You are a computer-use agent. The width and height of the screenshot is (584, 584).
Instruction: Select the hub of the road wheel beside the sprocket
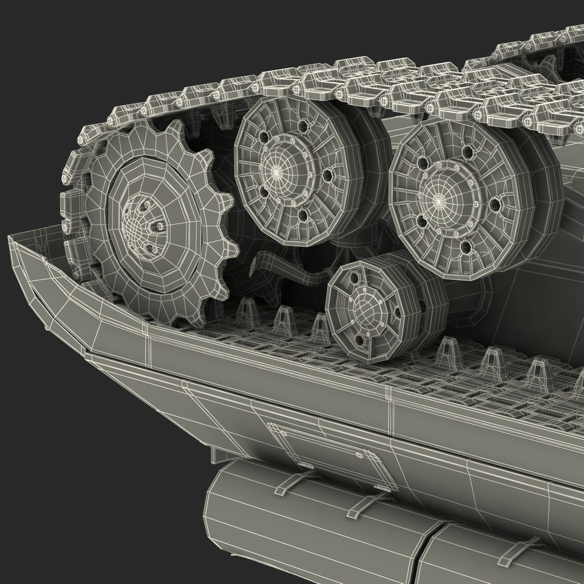click(x=277, y=172)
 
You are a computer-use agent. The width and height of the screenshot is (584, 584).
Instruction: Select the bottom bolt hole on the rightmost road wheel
click(x=465, y=248)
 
